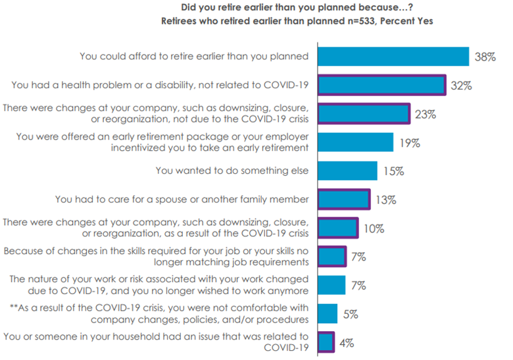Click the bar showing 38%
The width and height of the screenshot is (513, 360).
click(x=393, y=57)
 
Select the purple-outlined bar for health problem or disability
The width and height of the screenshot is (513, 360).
click(x=381, y=85)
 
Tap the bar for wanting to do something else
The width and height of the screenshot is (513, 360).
click(x=348, y=170)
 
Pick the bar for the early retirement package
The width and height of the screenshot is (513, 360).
click(x=356, y=141)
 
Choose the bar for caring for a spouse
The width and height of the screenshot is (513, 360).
click(x=344, y=199)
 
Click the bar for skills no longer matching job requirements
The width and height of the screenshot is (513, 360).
click(x=332, y=256)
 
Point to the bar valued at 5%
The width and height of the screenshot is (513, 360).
click(x=328, y=313)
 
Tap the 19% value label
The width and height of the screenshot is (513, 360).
click(x=410, y=142)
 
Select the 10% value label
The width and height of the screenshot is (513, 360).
click(x=374, y=228)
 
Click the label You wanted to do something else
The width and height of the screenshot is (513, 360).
click(x=232, y=170)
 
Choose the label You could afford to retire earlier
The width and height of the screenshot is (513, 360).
click(x=194, y=56)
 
